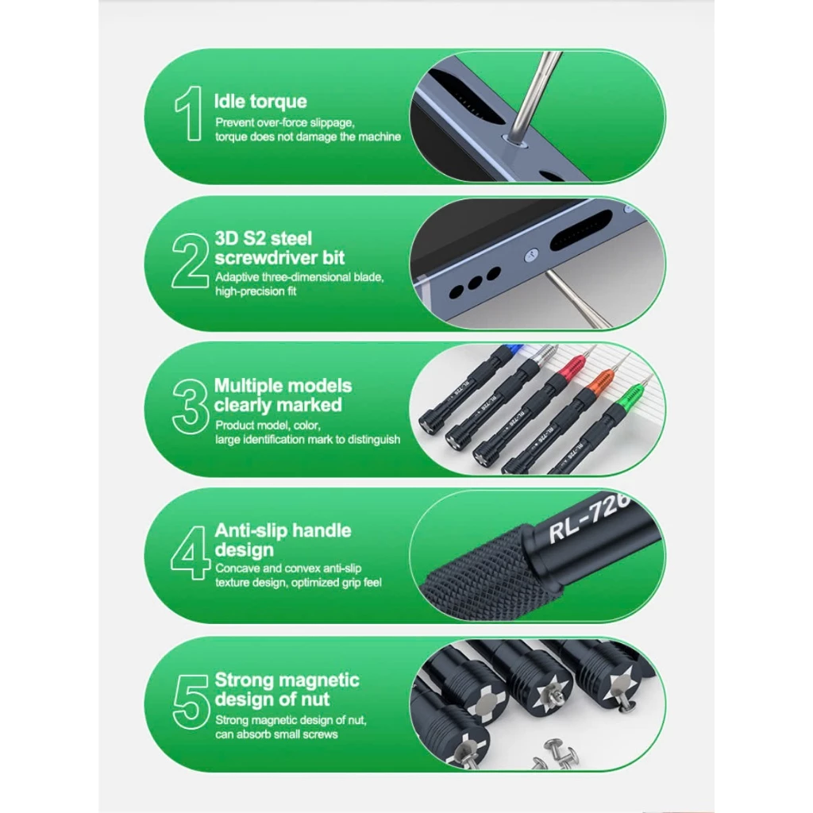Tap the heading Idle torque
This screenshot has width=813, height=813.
[260, 101]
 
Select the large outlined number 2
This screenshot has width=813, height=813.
[190, 260]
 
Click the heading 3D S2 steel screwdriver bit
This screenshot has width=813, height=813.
[279, 248]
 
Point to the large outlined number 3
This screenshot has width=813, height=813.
[190, 407]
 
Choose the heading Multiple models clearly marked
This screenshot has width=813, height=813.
[283, 395]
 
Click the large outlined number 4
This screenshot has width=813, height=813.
[191, 553]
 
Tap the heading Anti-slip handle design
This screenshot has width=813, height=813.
[283, 540]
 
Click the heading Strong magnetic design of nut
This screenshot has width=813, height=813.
[287, 689]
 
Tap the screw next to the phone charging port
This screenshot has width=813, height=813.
[530, 255]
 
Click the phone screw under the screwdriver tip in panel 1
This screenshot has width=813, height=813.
[514, 140]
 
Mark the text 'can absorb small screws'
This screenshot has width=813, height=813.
[276, 734]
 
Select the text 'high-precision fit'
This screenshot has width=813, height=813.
[256, 291]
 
